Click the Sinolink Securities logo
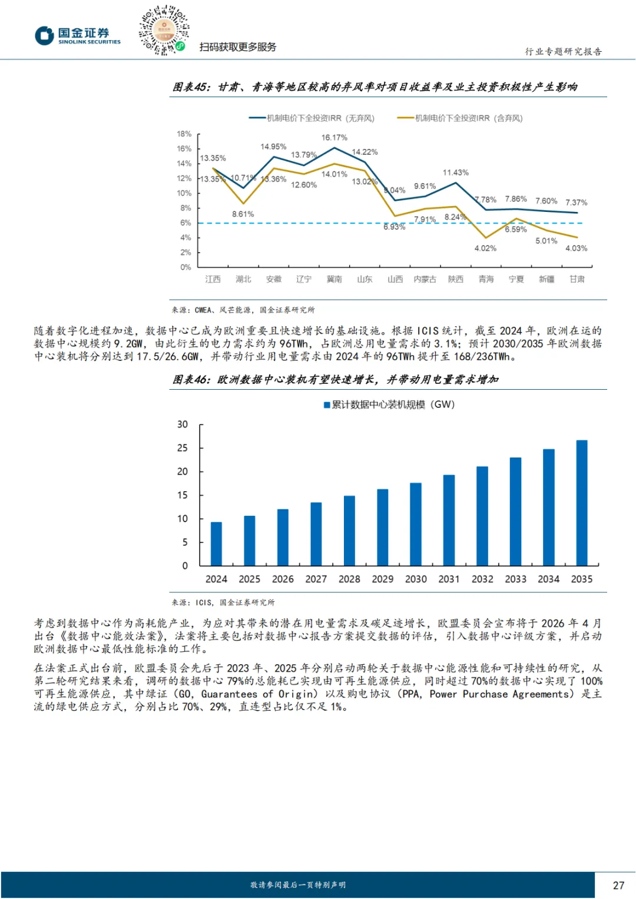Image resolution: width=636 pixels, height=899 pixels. (77, 35)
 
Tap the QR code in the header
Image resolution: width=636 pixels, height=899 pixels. (164, 30)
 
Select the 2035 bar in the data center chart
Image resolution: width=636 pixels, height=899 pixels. (581, 503)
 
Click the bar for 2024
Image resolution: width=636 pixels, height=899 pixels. (216, 543)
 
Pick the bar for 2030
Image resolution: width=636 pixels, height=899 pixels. (416, 524)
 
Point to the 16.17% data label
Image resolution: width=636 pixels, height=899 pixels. (334, 138)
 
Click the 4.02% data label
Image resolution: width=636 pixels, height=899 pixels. (485, 248)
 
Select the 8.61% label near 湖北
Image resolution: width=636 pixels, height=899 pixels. (243, 214)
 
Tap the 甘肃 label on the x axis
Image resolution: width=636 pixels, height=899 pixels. (577, 279)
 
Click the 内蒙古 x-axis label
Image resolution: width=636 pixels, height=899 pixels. (425, 279)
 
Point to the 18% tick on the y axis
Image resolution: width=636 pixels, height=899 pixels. (184, 134)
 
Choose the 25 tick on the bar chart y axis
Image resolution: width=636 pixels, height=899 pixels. (183, 448)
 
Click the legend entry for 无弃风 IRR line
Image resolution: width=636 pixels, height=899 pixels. (312, 118)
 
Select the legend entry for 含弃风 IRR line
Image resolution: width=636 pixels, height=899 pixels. (461, 118)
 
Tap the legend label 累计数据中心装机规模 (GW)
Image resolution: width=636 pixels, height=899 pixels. (389, 404)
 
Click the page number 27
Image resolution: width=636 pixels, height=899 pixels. (618, 885)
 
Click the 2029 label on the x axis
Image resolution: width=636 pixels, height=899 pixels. (383, 579)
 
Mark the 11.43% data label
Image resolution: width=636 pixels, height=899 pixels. (455, 172)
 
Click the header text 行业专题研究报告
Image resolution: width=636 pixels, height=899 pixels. (563, 52)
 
